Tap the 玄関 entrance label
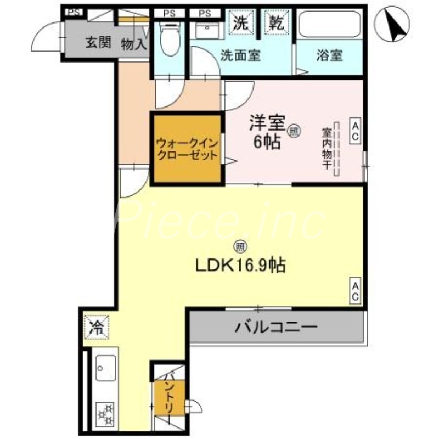(98, 43)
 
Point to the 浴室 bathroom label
(330, 55)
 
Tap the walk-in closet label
(187, 149)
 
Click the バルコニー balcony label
(277, 328)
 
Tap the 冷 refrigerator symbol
(96, 328)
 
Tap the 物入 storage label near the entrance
(133, 43)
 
